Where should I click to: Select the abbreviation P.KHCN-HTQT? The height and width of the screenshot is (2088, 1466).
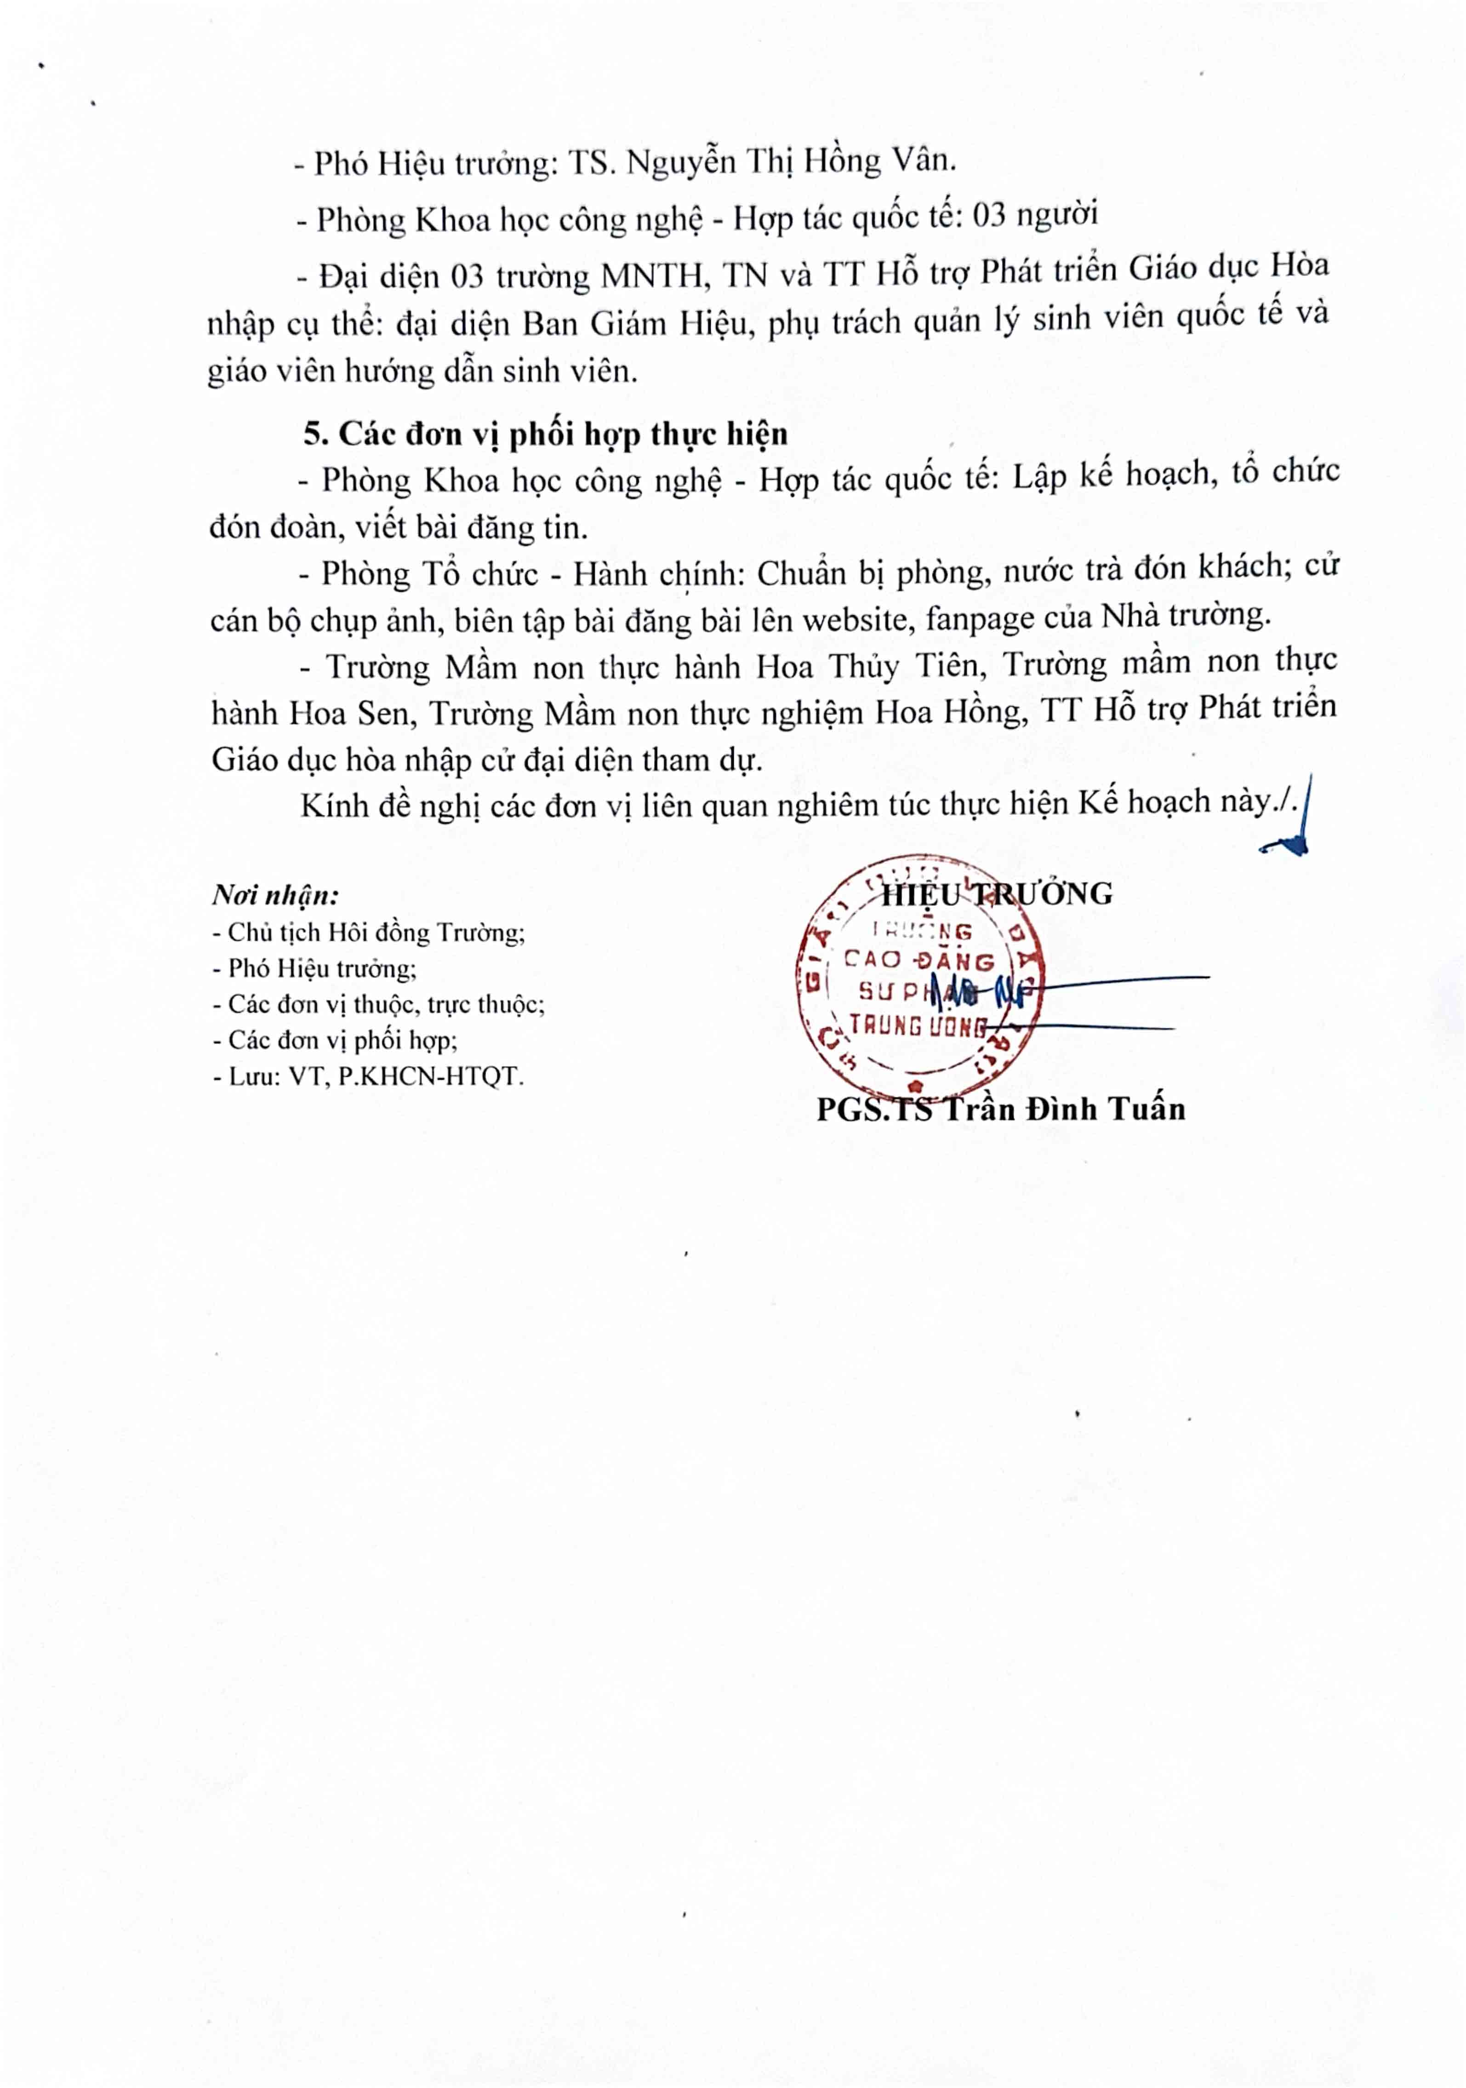pos(431,1077)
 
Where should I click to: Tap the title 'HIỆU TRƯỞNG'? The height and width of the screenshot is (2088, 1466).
pos(997,894)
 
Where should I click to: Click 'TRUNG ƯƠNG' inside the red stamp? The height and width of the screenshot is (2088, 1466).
pos(918,1026)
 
